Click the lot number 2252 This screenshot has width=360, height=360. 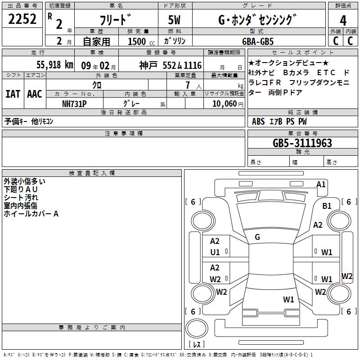[22, 20]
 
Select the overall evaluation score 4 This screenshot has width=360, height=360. [343, 20]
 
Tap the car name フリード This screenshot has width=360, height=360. [116, 20]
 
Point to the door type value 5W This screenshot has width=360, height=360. [175, 20]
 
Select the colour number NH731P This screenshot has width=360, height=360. [74, 104]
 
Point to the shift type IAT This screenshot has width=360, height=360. [13, 94]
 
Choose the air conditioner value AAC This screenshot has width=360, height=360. [34, 94]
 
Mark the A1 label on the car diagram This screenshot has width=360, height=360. [321, 184]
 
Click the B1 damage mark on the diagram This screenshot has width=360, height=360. [327, 206]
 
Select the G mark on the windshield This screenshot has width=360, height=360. [257, 237]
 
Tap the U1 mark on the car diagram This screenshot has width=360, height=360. [215, 252]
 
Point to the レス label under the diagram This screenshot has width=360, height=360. [196, 345]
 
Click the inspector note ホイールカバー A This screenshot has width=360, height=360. [31, 214]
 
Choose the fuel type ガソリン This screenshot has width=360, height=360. [175, 41]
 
